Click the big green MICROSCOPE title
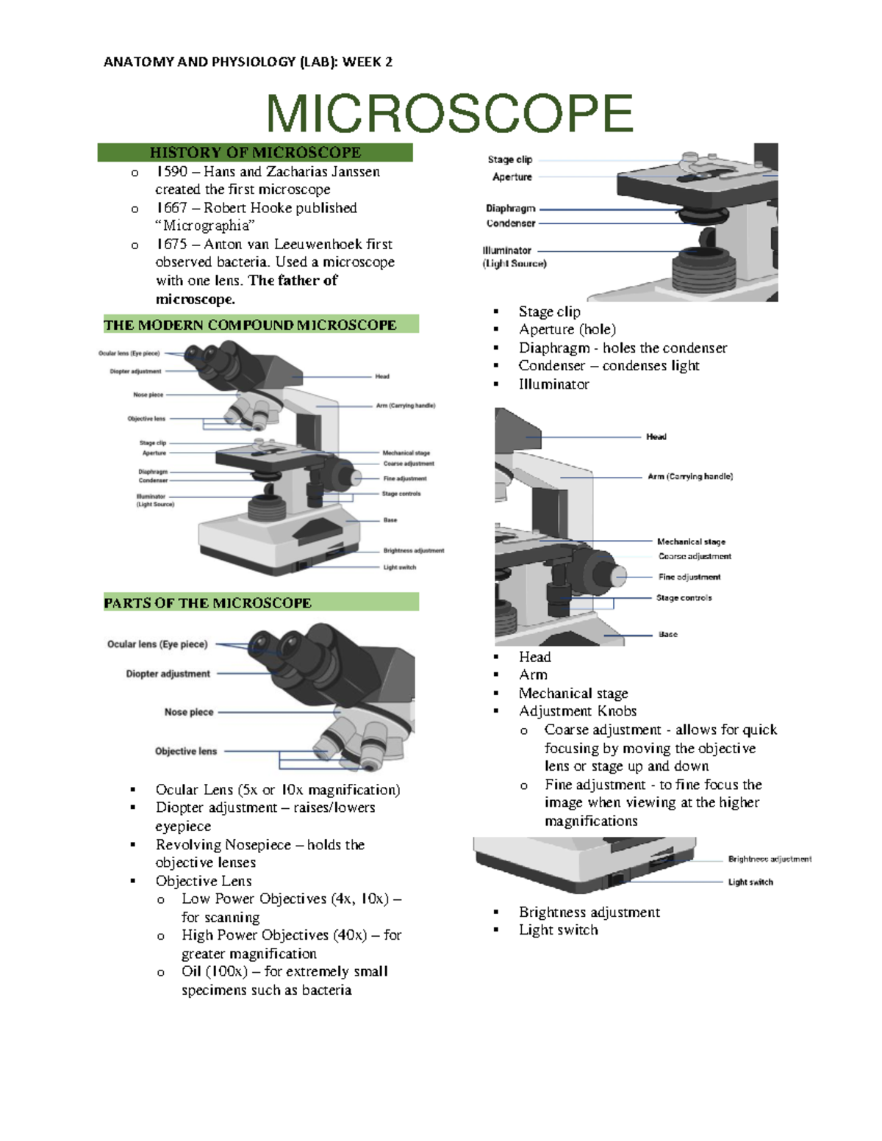(449, 114)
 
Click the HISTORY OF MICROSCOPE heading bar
(255, 153)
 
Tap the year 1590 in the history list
(172, 172)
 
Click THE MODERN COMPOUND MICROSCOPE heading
(250, 325)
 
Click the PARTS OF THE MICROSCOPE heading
(208, 603)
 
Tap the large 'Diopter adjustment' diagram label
(168, 674)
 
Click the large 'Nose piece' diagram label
(189, 712)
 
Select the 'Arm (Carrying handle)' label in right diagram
(689, 477)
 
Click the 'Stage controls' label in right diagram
(684, 598)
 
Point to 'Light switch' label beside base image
(750, 882)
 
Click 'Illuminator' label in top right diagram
(507, 251)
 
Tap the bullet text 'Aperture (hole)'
(567, 330)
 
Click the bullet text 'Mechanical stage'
(573, 694)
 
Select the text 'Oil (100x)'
(215, 972)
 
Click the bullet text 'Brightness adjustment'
(589, 913)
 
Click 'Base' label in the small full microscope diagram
(390, 520)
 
